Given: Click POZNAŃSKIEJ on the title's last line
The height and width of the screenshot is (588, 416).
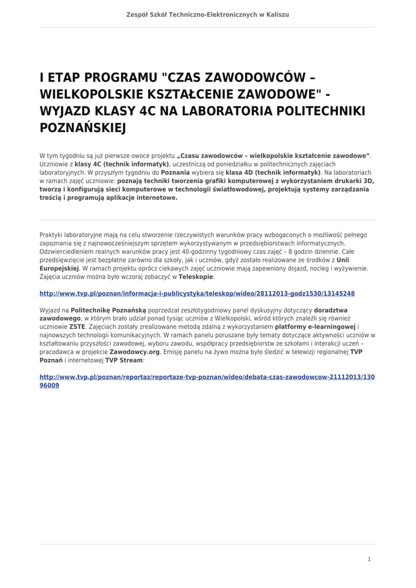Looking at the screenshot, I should click(83, 127).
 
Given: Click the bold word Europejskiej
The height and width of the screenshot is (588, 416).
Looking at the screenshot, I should click(59, 268).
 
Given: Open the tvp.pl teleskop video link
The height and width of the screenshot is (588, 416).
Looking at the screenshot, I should click(197, 293).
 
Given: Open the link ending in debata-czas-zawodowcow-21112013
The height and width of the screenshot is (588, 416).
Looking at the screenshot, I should click(207, 377).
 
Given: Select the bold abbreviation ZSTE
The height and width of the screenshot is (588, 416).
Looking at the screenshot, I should click(77, 327).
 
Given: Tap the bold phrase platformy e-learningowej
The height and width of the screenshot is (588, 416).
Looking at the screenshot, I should click(315, 327).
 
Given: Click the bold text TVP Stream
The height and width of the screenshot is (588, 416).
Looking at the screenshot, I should click(124, 361).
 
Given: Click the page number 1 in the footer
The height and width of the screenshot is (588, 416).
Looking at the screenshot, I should click(369, 559).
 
